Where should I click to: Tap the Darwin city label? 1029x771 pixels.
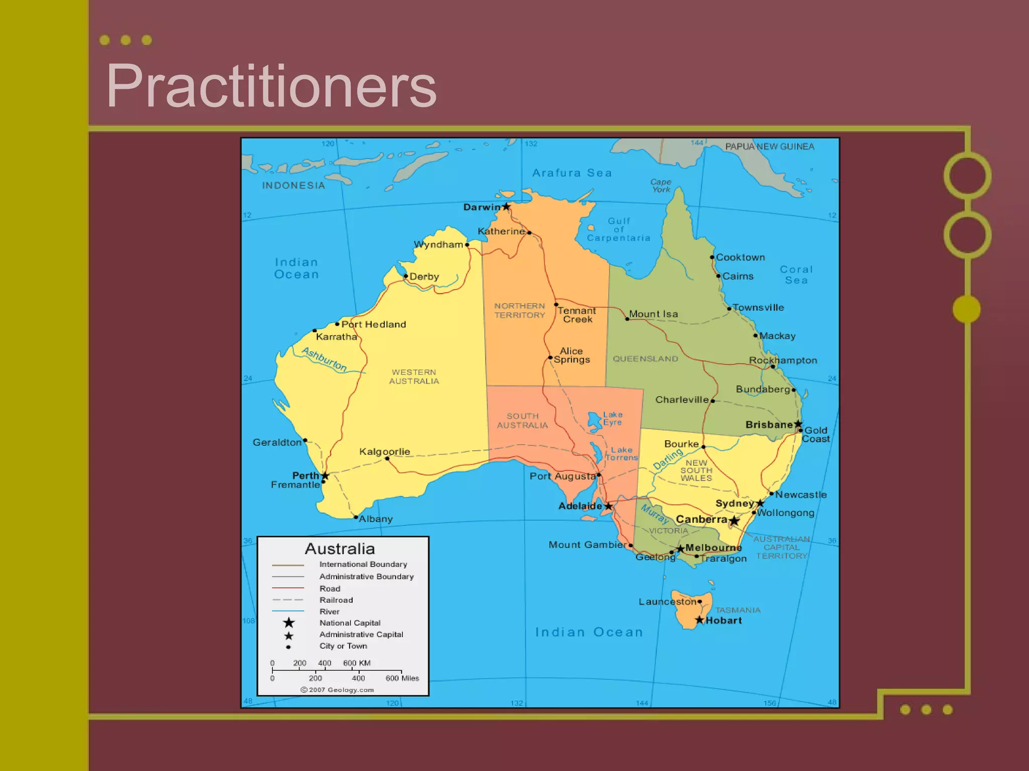pos(481,207)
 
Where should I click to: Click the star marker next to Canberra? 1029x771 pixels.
pos(734,521)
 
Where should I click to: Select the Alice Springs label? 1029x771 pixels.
pos(572,355)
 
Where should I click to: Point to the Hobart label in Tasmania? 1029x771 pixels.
pos(724,620)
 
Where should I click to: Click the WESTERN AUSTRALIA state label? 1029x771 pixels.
pos(414,376)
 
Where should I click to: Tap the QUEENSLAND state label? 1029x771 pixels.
pos(645,359)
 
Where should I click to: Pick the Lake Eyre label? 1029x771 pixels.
pos(612,418)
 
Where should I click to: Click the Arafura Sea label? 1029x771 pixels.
pos(572,173)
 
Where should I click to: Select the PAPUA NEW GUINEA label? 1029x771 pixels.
pos(769,147)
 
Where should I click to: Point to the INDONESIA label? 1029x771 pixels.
pos(293,186)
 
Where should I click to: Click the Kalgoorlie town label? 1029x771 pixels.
pos(384,452)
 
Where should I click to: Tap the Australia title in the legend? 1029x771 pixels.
pos(340,549)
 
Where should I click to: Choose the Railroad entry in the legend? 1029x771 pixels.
pos(336,600)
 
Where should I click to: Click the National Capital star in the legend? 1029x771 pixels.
pos(289,623)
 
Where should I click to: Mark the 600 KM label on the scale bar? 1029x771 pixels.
pos(357,663)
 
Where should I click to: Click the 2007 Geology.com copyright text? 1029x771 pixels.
pos(338,690)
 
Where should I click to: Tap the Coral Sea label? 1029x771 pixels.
pos(796,275)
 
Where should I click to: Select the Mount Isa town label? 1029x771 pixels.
pos(653,314)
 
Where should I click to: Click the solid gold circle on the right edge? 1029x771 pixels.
pos(966,309)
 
